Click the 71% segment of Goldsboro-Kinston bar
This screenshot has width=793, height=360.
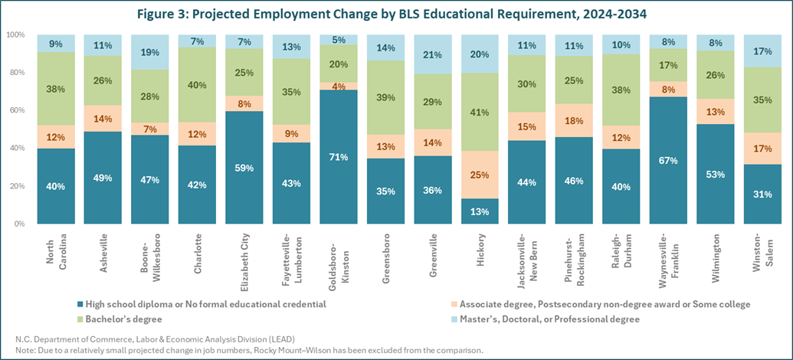click(x=339, y=157)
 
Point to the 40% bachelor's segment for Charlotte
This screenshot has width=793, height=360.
click(x=197, y=85)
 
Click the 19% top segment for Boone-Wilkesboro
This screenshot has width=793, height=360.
click(x=149, y=53)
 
